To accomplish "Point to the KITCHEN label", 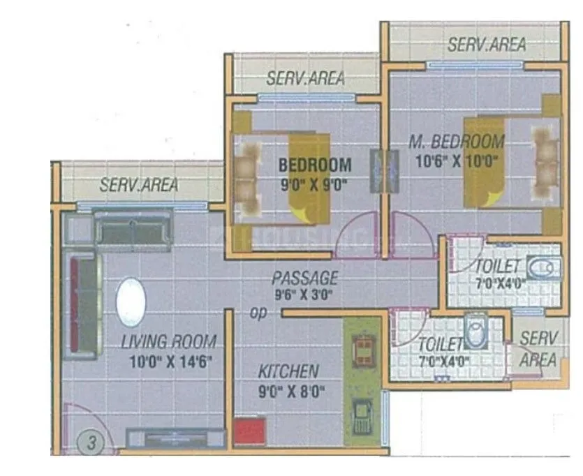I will coord(288,371).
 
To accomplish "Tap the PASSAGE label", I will coord(305,277).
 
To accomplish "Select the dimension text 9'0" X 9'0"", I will coord(313,185).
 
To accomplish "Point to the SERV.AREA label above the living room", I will coord(138,185).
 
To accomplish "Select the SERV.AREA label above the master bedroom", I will coord(487,45).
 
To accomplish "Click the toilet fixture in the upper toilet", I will coord(541,269).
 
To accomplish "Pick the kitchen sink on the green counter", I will coord(362,417).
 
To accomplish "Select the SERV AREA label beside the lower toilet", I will coord(539,349).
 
